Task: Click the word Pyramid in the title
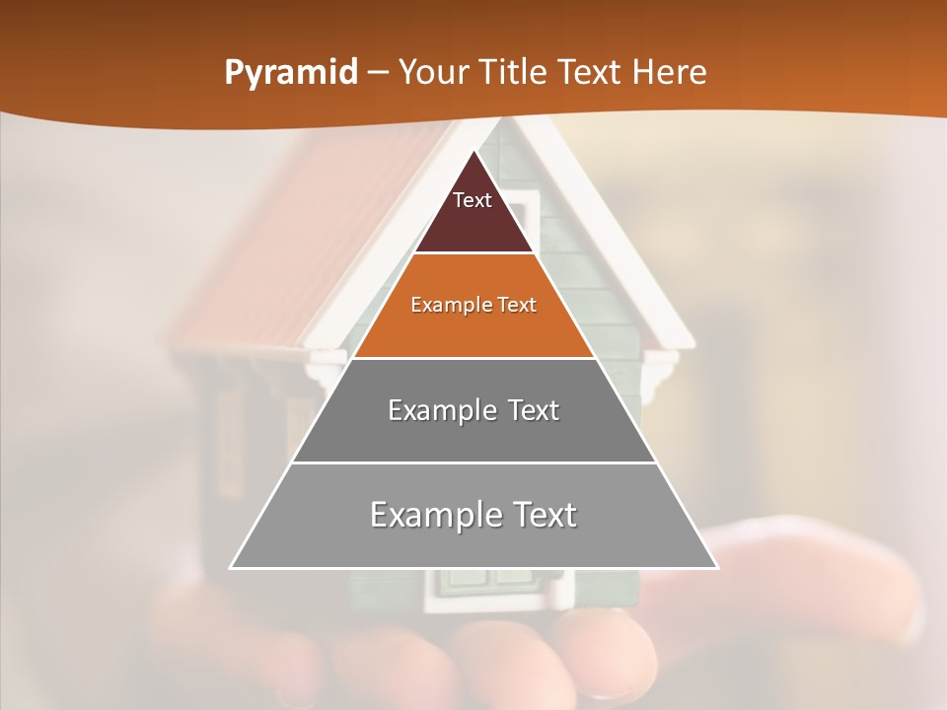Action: pyautogui.click(x=290, y=73)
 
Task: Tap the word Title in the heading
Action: pyautogui.click(x=515, y=73)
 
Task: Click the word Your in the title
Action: pyautogui.click(x=433, y=73)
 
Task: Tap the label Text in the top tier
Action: pyautogui.click(x=473, y=200)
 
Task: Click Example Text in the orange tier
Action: pyautogui.click(x=473, y=305)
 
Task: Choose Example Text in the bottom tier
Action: pyautogui.click(x=473, y=515)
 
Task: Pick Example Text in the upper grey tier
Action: pyautogui.click(x=473, y=410)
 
